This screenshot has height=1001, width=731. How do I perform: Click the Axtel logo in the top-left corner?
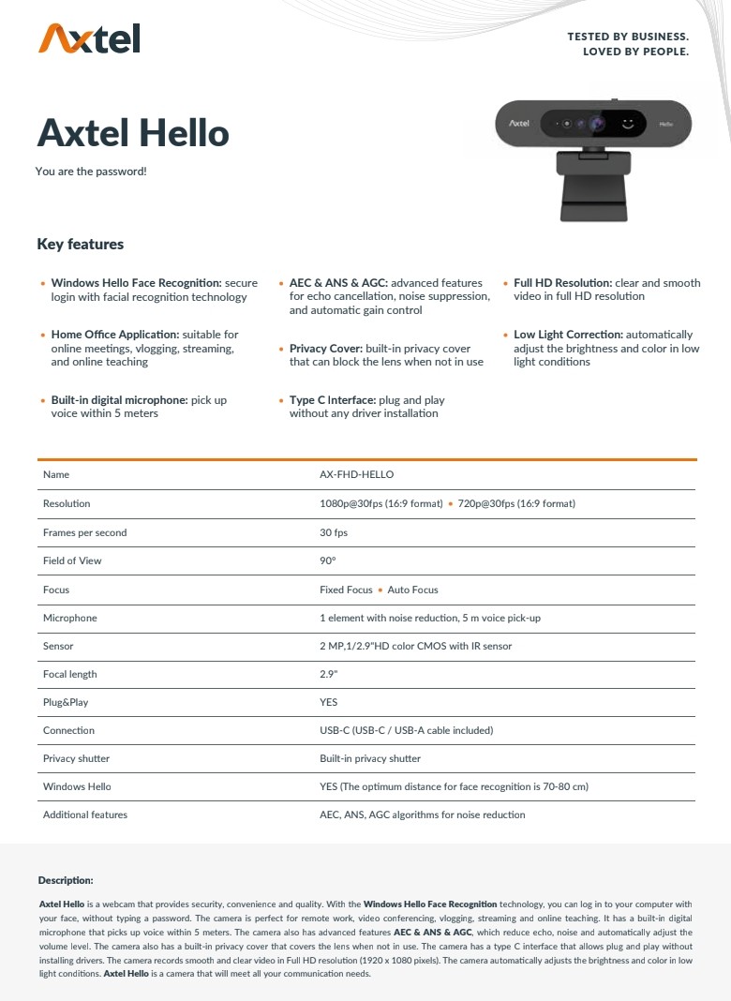89,38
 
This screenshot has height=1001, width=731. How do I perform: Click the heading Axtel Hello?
133,133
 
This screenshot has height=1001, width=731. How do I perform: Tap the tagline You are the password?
91,172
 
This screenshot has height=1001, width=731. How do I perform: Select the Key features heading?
80,245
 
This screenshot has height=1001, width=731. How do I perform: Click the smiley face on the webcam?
628,123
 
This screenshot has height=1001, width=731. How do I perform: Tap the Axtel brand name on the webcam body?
519,123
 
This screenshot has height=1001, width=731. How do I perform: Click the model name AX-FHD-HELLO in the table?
356,475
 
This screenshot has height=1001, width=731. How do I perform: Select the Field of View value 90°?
327,560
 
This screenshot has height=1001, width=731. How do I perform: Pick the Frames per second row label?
84,532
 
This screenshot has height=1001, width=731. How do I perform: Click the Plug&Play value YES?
328,702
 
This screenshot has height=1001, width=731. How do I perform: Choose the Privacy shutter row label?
76,758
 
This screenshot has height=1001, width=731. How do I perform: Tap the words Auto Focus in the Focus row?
412,590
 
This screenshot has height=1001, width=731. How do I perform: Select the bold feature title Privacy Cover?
325,349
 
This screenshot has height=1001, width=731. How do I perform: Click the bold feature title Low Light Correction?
568,335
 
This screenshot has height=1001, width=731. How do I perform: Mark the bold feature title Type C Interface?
333,400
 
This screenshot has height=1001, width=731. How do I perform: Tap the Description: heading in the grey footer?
66,880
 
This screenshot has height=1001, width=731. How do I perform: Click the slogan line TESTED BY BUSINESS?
627,37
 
